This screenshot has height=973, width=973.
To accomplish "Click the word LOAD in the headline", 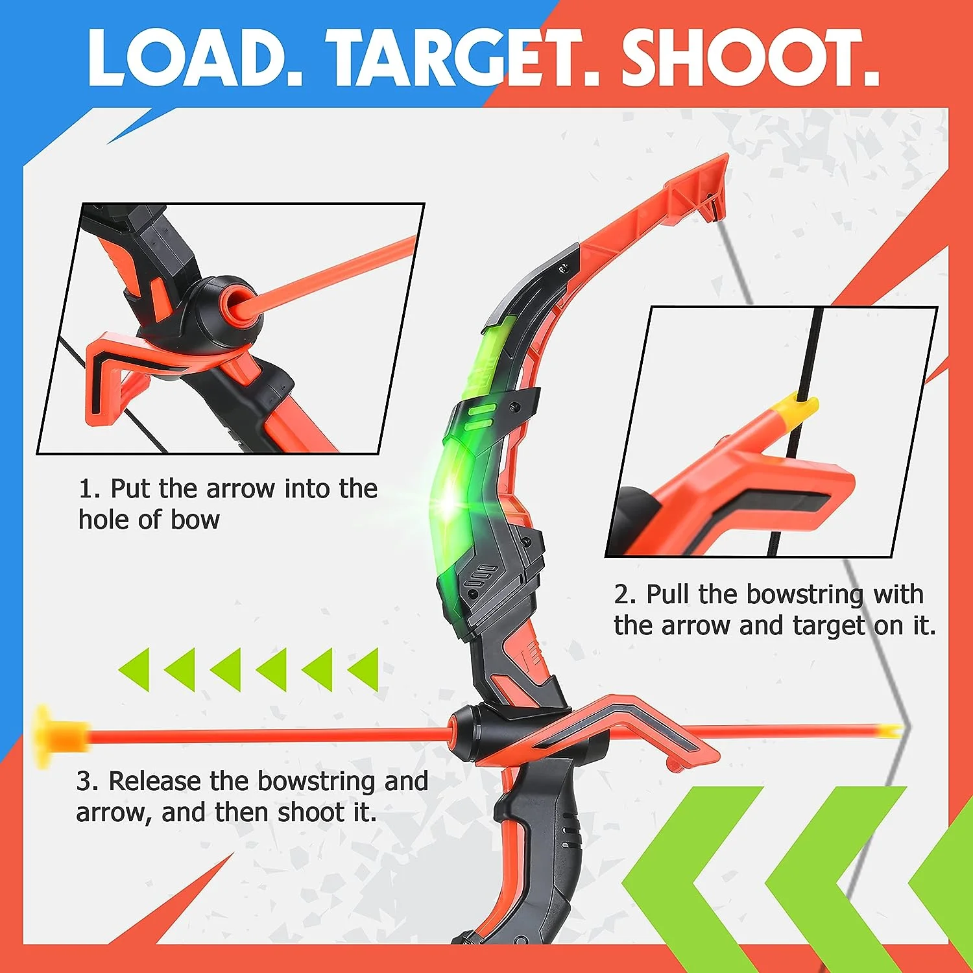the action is tap(195, 58).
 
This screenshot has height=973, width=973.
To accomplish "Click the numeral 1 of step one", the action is tap(86, 488).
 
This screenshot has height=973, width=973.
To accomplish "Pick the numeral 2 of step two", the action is tap(621, 594).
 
